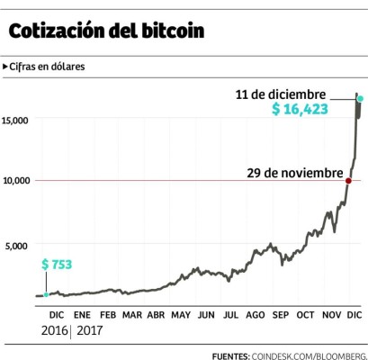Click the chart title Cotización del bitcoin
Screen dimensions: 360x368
[106, 31]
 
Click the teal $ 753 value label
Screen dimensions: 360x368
[56, 265]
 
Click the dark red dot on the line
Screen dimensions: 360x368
[349, 181]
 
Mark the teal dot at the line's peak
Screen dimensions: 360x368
[360, 98]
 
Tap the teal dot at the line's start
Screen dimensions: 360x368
[47, 295]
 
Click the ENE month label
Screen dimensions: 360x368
[82, 316]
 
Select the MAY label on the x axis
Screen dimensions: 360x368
[181, 316]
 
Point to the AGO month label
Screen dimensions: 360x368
[255, 316]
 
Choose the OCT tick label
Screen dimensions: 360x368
[305, 316]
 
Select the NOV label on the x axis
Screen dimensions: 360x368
[331, 316]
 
